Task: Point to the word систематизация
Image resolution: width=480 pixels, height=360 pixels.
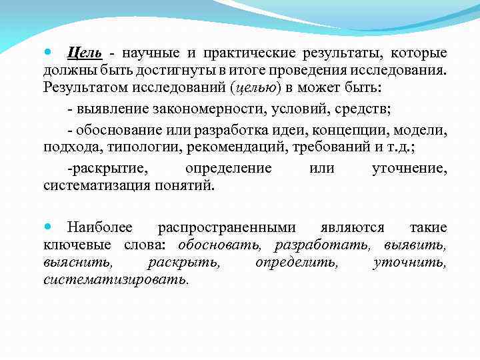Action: [x=97, y=185]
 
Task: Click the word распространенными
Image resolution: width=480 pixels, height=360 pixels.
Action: [x=226, y=228]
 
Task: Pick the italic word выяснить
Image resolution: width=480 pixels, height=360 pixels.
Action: [x=73, y=263]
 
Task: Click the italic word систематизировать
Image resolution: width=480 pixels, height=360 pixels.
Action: [x=115, y=280]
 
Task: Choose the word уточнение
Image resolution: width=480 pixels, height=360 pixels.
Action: [x=409, y=168]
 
